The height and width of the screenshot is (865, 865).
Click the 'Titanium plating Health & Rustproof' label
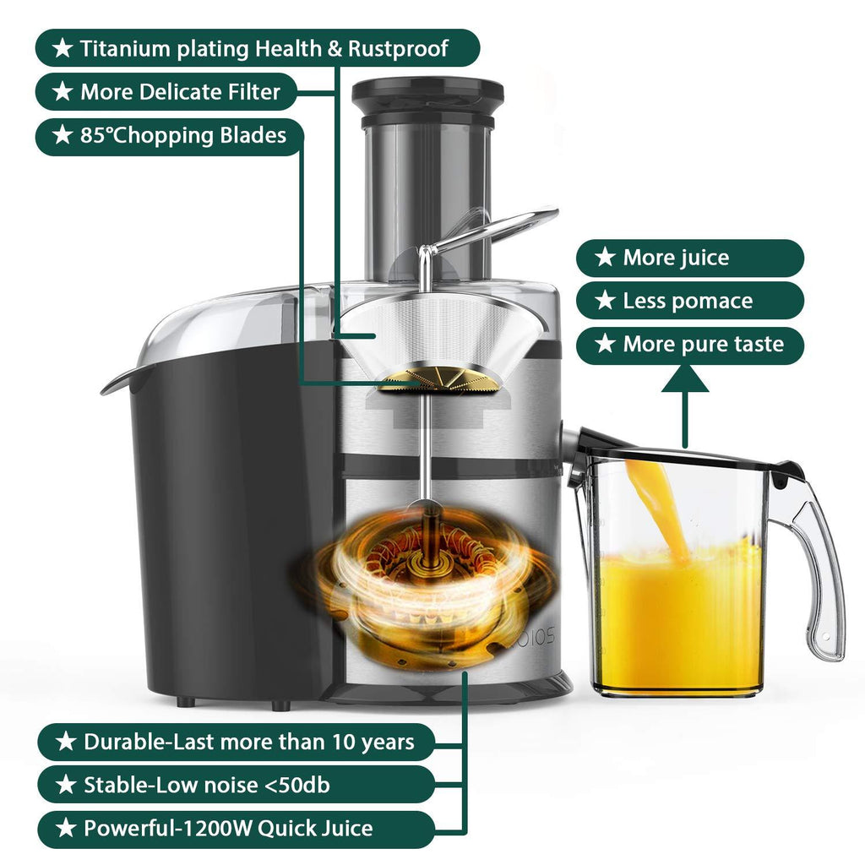[258, 48]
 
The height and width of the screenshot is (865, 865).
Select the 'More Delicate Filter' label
[166, 91]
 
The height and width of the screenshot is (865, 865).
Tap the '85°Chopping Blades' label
[170, 136]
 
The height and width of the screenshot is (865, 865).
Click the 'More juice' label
[689, 258]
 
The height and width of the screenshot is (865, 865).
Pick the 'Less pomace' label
[689, 301]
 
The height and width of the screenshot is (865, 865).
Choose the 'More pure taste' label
[689, 345]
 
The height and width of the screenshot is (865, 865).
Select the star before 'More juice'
[605, 257]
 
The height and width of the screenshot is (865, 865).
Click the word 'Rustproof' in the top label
[398, 48]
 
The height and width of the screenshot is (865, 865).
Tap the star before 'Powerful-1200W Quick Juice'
[66, 828]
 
